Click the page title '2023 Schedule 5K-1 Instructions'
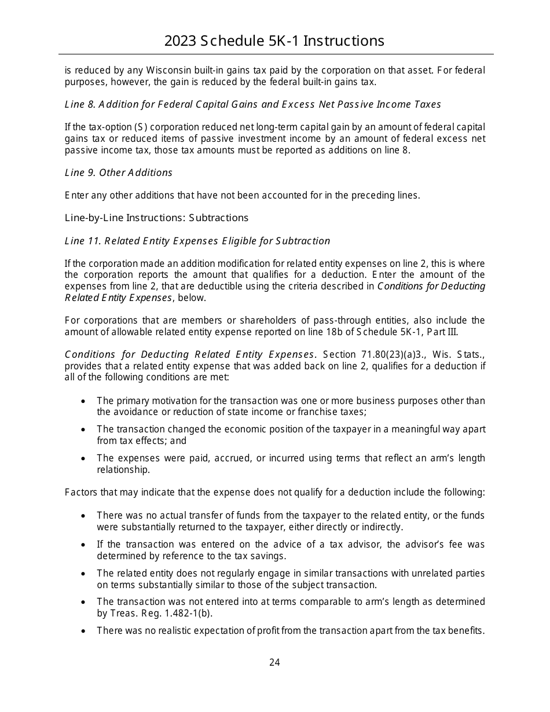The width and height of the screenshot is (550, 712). pyautogui.click(x=274, y=41)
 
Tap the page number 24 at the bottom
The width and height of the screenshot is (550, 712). pyautogui.click(x=274, y=662)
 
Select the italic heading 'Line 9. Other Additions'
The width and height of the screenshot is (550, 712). pyautogui.click(x=119, y=173)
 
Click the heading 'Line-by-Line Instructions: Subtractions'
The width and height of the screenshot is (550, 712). pyautogui.click(x=156, y=218)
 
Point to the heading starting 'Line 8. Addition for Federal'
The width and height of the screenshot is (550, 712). pyautogui.click(x=252, y=104)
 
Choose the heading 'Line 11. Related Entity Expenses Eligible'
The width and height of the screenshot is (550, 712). pyautogui.click(x=197, y=241)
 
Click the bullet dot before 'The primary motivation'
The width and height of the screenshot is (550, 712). pyautogui.click(x=85, y=401)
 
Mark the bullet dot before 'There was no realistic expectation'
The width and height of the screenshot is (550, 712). pyautogui.click(x=85, y=631)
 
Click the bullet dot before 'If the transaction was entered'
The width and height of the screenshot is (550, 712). pyautogui.click(x=85, y=545)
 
